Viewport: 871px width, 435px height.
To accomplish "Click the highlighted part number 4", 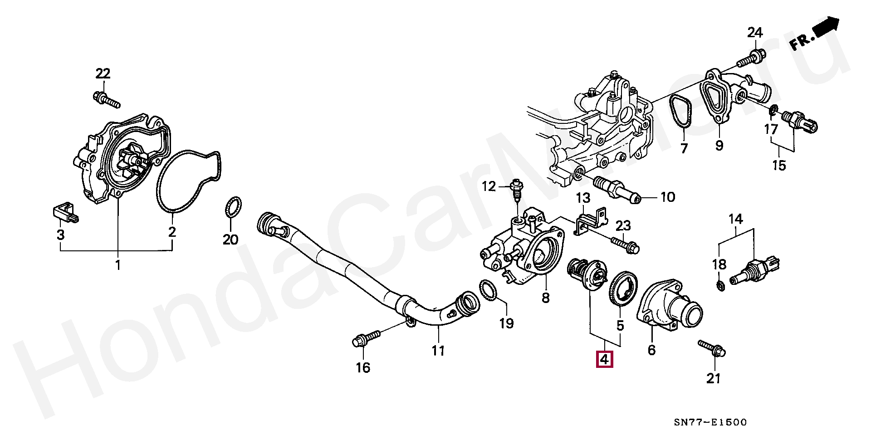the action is pyautogui.click(x=605, y=359).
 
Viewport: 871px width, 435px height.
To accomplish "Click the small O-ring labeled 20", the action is pyautogui.click(x=233, y=208).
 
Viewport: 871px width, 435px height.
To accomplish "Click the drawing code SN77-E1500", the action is pyautogui.click(x=710, y=422).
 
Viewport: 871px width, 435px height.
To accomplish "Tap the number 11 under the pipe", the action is pyautogui.click(x=438, y=350).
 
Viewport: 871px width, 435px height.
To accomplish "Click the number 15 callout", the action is pyautogui.click(x=779, y=165).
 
